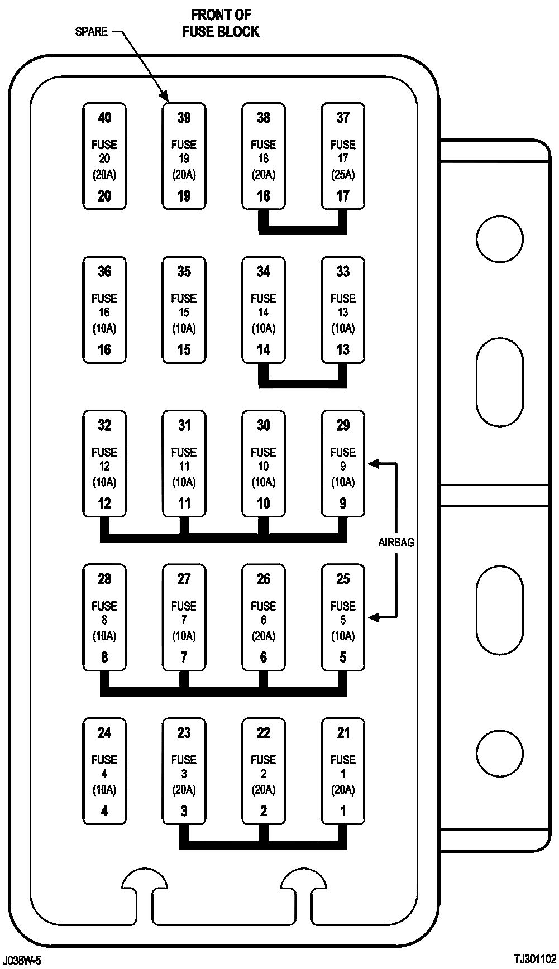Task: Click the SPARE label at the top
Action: click(91, 31)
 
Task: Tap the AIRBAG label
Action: click(396, 542)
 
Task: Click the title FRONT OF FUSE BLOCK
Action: click(221, 23)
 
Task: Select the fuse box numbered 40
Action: click(104, 156)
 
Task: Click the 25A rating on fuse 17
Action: click(343, 175)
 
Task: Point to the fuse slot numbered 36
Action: click(104, 310)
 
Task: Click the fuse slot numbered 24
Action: click(104, 771)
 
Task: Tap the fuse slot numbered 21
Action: click(343, 771)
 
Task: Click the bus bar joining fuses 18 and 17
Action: click(303, 230)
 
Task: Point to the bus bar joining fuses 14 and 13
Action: click(303, 383)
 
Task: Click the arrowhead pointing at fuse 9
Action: click(373, 463)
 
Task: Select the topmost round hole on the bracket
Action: click(499, 239)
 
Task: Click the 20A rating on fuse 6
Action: click(264, 636)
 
